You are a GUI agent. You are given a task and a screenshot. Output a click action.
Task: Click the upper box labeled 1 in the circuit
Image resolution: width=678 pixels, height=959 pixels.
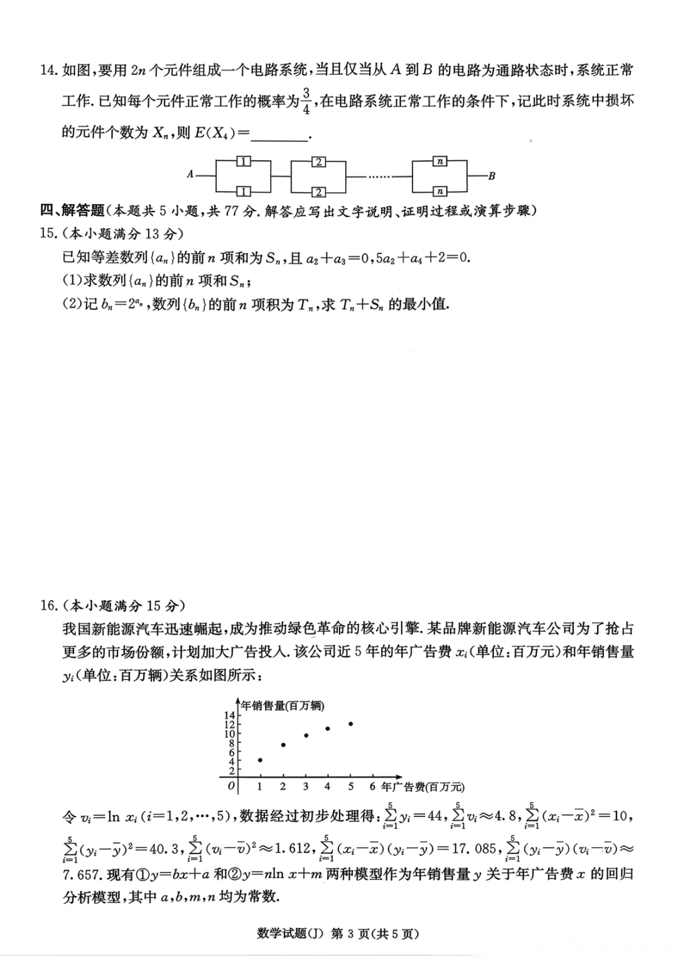[x=244, y=161]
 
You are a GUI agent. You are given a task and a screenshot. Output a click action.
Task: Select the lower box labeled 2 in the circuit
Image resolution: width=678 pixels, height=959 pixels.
[x=319, y=192]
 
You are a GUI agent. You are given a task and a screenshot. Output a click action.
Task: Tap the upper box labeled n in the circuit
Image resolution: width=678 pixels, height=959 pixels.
[x=440, y=161]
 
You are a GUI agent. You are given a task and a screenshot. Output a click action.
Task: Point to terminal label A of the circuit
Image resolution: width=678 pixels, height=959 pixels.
[x=190, y=175]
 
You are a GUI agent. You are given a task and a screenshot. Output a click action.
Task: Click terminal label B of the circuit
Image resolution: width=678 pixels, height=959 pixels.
[x=492, y=176]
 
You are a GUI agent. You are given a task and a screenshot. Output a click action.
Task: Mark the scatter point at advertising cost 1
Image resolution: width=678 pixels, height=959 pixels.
[x=260, y=760]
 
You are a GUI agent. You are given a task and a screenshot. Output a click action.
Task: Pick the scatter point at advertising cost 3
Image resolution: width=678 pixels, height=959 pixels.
[x=306, y=735]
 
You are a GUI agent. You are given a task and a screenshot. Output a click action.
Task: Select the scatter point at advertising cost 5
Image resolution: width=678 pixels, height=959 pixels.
[x=350, y=724]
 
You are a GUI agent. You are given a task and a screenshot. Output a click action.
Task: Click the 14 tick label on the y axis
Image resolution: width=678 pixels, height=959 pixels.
[x=230, y=715]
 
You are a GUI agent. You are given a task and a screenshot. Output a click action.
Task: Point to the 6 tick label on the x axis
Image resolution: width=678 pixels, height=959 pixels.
[x=373, y=786]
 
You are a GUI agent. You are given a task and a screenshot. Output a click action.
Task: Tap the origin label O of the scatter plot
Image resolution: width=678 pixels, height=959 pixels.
[x=231, y=786]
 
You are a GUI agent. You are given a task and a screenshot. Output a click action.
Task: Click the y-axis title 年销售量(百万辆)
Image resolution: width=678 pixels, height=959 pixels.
[x=283, y=706]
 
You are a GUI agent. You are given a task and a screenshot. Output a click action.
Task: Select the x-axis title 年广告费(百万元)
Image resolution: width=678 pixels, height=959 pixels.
[x=422, y=786]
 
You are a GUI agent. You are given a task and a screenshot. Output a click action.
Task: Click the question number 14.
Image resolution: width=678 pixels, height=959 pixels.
[x=48, y=70]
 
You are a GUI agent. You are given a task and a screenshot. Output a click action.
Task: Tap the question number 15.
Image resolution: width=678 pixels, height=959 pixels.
[x=48, y=234]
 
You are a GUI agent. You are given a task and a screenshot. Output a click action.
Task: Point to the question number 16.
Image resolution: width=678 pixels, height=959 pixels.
[x=48, y=605]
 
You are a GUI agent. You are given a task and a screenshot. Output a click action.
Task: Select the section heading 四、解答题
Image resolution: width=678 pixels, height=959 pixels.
[x=72, y=210]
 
